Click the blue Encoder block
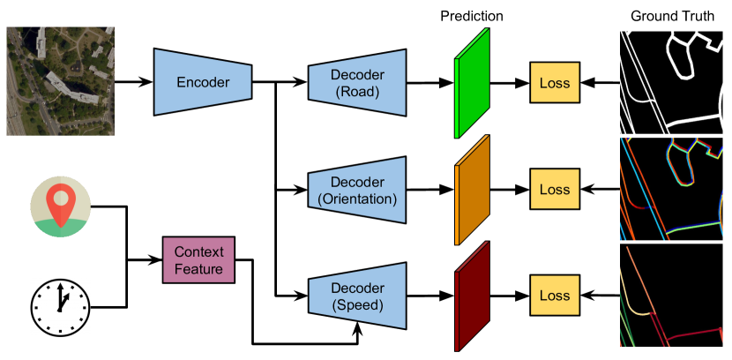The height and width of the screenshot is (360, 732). (203, 82)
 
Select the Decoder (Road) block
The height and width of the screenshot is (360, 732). (357, 82)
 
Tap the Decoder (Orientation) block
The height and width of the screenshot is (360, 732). (357, 189)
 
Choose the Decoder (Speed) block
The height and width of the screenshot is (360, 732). (357, 296)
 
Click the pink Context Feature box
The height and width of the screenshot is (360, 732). (198, 259)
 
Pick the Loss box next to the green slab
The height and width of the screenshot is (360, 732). (555, 83)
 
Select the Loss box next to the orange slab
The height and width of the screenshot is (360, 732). (555, 190)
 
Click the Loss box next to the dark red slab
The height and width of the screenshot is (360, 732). (555, 296)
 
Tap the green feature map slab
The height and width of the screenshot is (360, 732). (472, 83)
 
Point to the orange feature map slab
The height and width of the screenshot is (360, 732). (472, 190)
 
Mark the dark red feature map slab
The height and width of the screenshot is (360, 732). (472, 297)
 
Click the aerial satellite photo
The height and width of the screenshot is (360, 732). (60, 80)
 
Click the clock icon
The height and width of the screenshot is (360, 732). (60, 307)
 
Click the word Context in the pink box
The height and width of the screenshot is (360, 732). (198, 251)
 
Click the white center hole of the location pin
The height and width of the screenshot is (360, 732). (60, 196)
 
